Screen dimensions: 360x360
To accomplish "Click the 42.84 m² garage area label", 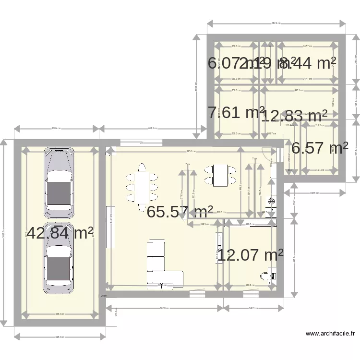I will click(x=60, y=233).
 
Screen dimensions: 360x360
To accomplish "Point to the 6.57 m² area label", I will click(x=320, y=148).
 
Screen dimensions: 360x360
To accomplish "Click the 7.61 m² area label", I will click(x=236, y=112).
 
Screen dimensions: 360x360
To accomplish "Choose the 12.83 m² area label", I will click(x=294, y=116).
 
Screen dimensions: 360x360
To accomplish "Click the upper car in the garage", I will click(x=59, y=183).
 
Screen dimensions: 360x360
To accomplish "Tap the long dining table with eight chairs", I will click(x=143, y=187).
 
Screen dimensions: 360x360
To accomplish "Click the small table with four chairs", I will click(x=220, y=175).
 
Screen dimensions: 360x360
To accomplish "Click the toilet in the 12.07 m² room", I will click(x=266, y=276).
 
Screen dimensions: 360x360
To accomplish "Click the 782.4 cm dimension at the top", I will click(x=276, y=23).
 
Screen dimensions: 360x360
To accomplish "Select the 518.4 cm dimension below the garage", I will click(x=60, y=337).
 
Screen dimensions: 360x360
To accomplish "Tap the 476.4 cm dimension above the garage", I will click(x=57, y=128).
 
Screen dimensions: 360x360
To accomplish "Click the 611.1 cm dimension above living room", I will click(x=153, y=128).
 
